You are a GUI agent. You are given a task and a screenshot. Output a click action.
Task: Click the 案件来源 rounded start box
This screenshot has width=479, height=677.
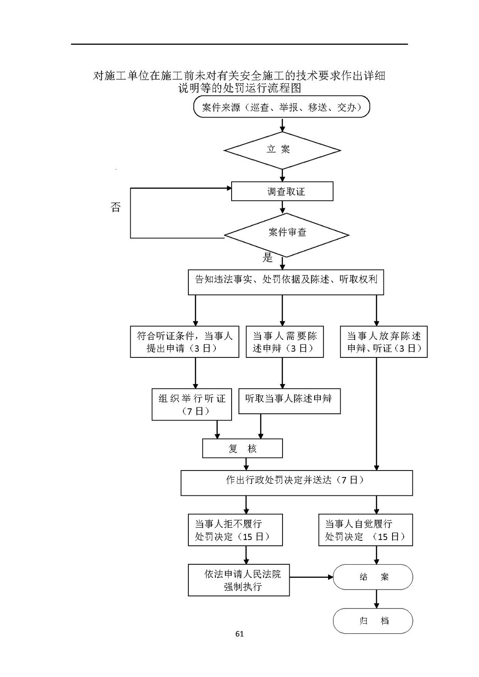tap(281, 106)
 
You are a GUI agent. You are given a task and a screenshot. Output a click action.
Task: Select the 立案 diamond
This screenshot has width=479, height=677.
tap(282, 150)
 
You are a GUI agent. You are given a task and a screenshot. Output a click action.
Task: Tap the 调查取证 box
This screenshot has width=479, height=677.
tap(282, 191)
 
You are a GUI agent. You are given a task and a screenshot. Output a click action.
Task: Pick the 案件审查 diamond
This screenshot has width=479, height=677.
tap(287, 235)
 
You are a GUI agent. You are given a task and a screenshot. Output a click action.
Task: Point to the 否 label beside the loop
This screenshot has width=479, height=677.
tap(115, 207)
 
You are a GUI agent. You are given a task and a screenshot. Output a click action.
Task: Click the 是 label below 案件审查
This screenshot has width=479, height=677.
tap(268, 257)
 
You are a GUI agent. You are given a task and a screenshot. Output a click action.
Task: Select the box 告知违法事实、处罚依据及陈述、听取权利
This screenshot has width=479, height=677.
tap(286, 282)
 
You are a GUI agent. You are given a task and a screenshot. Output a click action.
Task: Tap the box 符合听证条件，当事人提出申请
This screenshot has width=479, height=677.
tap(185, 342)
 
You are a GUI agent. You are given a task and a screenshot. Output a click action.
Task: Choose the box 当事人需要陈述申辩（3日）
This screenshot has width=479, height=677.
tap(285, 342)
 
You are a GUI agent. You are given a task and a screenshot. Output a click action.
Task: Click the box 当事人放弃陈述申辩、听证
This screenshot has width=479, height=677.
tap(384, 342)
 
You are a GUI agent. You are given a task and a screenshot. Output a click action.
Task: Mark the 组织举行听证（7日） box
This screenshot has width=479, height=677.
tap(192, 404)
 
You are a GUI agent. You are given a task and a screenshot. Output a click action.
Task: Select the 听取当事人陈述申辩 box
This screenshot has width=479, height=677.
tap(289, 401)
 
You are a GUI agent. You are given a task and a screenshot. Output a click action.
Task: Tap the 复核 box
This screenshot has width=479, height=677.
tap(242, 448)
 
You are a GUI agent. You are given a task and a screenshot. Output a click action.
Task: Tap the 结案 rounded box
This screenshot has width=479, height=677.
tap(373, 576)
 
